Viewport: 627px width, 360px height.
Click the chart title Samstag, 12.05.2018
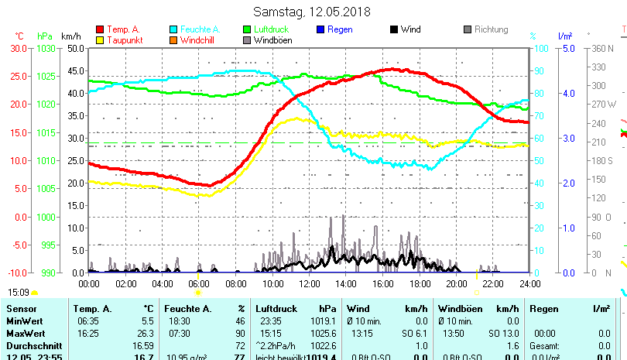click(x=312, y=12)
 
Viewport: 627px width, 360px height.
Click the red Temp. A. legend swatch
click(x=100, y=29)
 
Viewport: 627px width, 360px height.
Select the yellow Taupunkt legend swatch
click(x=100, y=39)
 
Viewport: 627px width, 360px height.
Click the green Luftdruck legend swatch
click(x=247, y=29)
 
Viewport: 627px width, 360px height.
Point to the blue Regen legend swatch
click(x=320, y=29)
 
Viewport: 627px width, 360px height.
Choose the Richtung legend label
click(x=491, y=29)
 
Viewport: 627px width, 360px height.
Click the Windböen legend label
click(x=272, y=40)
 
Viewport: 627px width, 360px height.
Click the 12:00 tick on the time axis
click(x=309, y=283)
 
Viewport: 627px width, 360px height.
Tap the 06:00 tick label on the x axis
click(x=199, y=283)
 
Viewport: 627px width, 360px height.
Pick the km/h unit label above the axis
click(x=71, y=36)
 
